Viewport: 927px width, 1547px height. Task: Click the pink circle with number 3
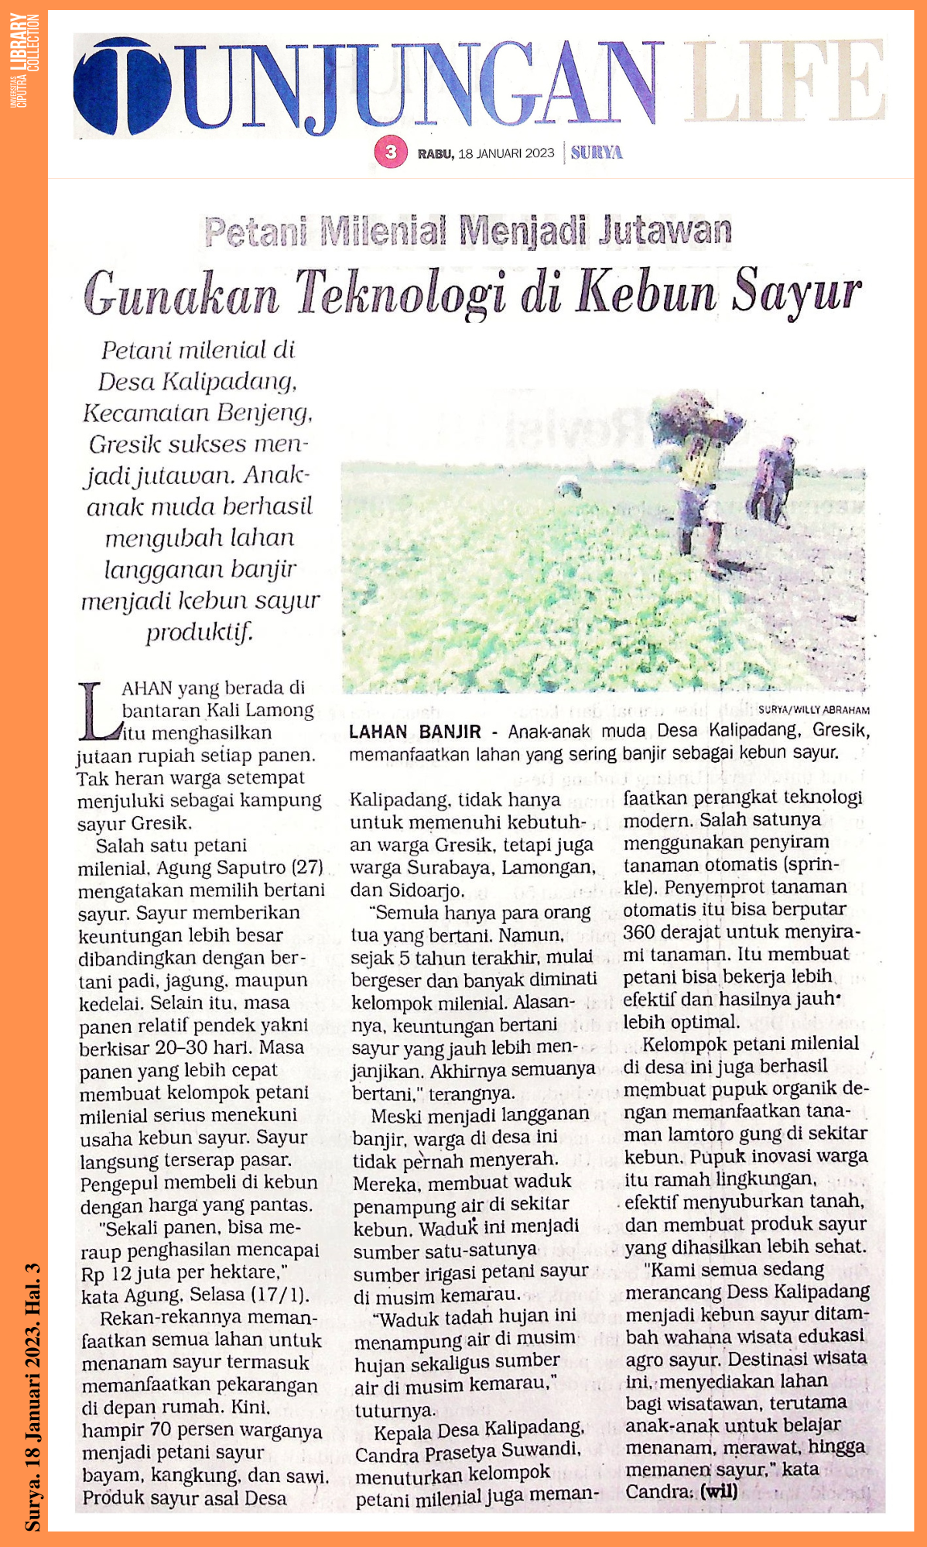(x=391, y=152)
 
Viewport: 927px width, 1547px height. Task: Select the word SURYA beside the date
(x=597, y=153)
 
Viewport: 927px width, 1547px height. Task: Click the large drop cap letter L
(x=98, y=711)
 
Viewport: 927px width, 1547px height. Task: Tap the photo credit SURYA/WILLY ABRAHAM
(x=813, y=709)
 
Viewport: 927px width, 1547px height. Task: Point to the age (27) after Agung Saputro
(x=306, y=868)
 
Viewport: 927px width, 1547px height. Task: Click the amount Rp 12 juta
(x=132, y=1273)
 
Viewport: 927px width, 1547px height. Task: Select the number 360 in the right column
(x=639, y=931)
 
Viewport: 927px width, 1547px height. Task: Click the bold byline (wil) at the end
(x=718, y=1491)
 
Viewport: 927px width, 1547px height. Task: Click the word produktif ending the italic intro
(x=200, y=633)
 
